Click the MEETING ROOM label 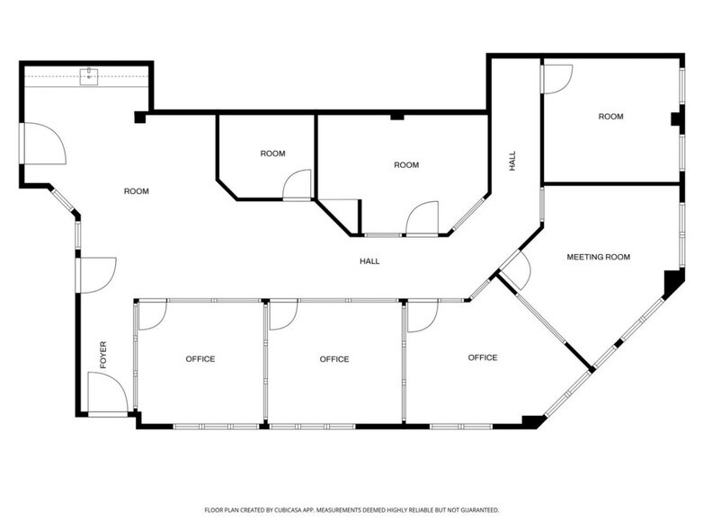click(598, 257)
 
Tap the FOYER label click(103, 355)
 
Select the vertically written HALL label click(512, 162)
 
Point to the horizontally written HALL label click(369, 261)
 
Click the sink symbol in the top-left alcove click(89, 76)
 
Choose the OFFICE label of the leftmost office click(200, 359)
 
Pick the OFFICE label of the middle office click(334, 359)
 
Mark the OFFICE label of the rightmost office click(482, 357)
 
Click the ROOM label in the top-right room click(610, 117)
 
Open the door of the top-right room click(555, 79)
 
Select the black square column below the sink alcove click(139, 117)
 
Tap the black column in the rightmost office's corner click(532, 420)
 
